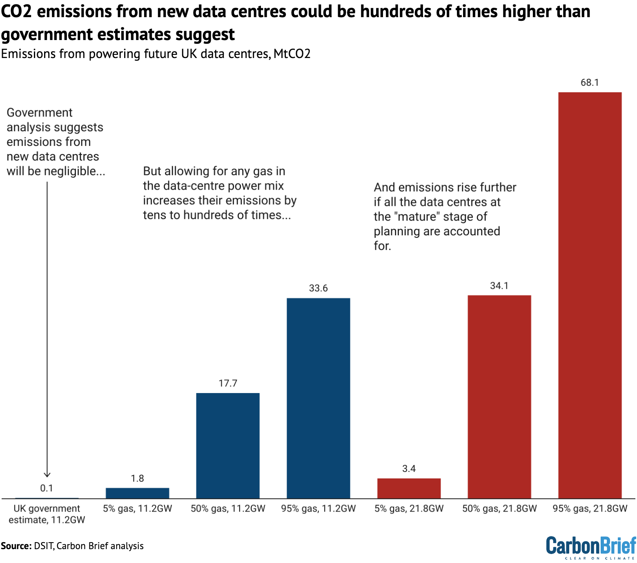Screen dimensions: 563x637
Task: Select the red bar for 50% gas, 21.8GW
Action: click(x=499, y=396)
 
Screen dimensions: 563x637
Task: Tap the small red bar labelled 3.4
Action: click(x=409, y=488)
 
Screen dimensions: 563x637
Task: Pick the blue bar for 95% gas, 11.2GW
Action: click(x=318, y=398)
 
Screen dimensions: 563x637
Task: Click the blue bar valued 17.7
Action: click(x=228, y=445)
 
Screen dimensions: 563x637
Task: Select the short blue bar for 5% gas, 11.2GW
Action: click(x=137, y=493)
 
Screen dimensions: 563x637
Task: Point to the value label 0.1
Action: click(x=47, y=488)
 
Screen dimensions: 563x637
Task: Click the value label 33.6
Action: click(x=318, y=288)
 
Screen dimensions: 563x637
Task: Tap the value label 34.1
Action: click(x=499, y=286)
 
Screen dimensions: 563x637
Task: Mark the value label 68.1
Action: click(x=590, y=83)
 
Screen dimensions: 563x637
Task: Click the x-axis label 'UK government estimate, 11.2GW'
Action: click(x=47, y=514)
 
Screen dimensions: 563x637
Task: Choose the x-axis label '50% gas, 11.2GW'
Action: click(x=228, y=509)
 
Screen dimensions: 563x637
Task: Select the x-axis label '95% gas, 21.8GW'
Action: click(x=590, y=509)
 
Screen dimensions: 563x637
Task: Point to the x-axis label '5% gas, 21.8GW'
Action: click(x=409, y=509)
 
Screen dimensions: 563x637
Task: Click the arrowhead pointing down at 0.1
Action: click(x=47, y=475)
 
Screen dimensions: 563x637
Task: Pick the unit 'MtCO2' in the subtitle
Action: click(x=292, y=54)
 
